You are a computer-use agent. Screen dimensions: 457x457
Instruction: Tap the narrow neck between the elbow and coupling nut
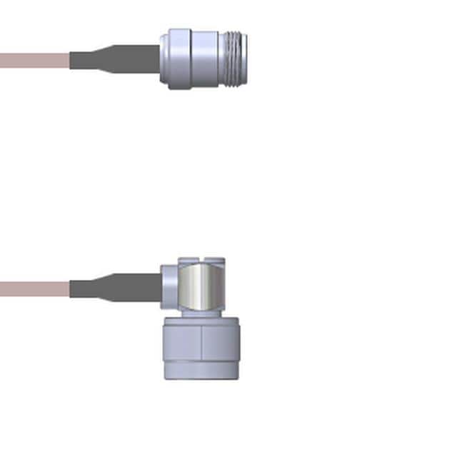click(x=201, y=314)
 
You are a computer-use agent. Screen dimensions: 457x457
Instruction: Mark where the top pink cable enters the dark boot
click(x=70, y=60)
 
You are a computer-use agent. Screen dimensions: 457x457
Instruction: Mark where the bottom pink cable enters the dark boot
click(x=70, y=289)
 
